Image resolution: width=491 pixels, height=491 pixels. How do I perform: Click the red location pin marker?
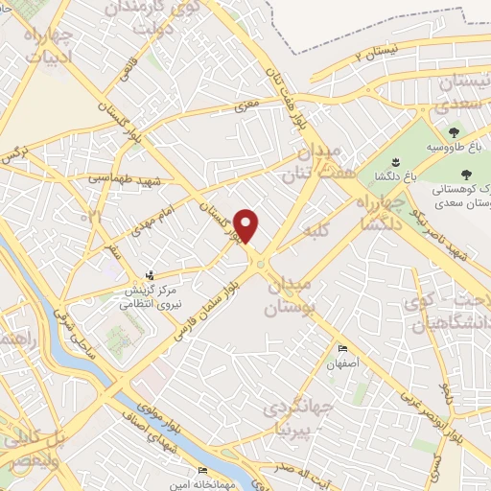[247, 225]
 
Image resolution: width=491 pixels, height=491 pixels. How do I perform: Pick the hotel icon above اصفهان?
[341, 348]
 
